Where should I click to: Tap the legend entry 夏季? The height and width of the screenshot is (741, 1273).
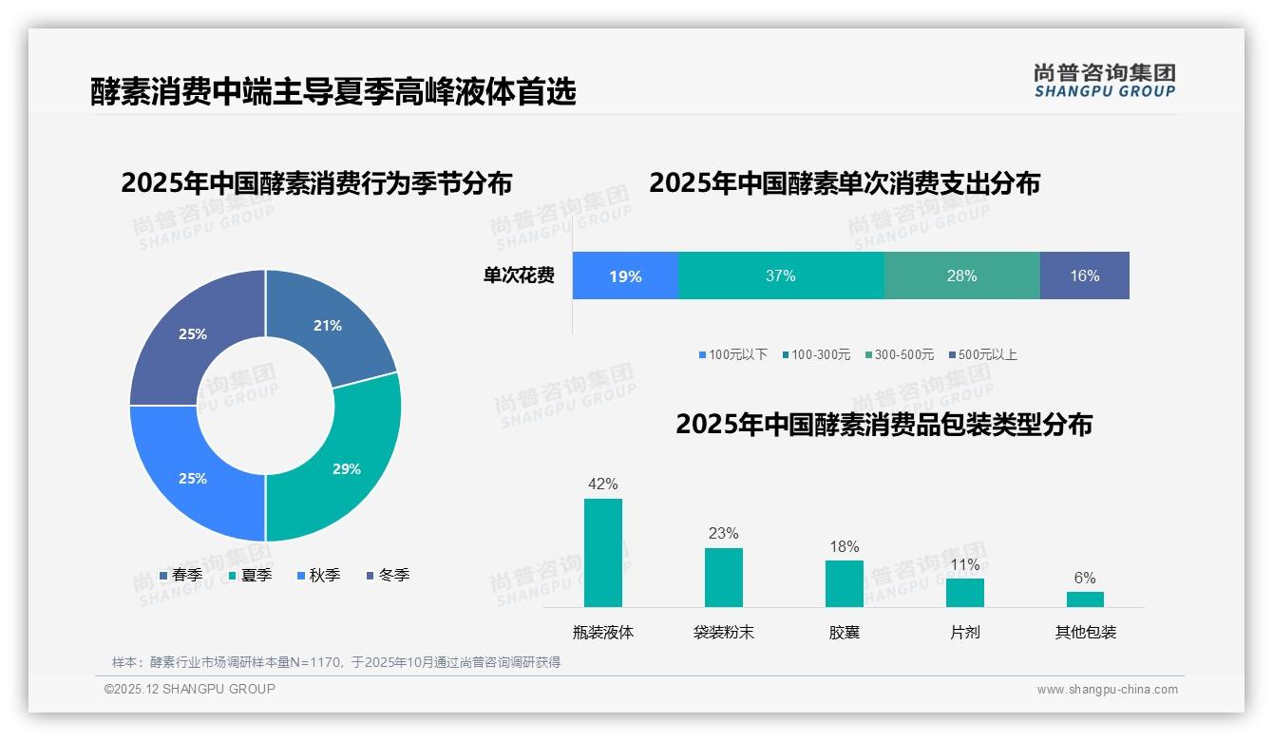click(251, 575)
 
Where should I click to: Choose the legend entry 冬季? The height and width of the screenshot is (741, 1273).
click(388, 575)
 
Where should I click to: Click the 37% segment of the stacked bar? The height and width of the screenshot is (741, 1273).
click(781, 275)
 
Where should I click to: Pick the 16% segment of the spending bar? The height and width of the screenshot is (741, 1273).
click(1084, 275)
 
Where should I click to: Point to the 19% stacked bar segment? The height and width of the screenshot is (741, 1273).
click(625, 275)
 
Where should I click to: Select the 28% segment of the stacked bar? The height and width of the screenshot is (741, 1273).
click(961, 275)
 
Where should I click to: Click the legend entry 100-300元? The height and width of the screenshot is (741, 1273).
click(816, 354)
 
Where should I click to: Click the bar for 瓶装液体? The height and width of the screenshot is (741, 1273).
click(603, 553)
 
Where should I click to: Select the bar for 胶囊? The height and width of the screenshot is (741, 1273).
click(844, 583)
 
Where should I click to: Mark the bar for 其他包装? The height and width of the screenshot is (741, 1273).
click(1085, 599)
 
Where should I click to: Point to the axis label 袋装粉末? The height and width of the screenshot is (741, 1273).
click(724, 632)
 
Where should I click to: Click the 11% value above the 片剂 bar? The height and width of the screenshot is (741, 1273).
click(964, 565)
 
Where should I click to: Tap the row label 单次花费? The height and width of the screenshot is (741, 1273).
click(519, 275)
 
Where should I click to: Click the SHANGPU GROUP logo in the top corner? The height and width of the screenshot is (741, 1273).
click(1105, 81)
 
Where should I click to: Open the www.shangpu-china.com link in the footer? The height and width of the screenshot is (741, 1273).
click(1107, 690)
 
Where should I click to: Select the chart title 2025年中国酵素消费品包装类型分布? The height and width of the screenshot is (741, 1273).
click(883, 425)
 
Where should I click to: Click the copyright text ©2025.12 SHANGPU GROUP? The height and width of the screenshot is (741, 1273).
click(190, 689)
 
